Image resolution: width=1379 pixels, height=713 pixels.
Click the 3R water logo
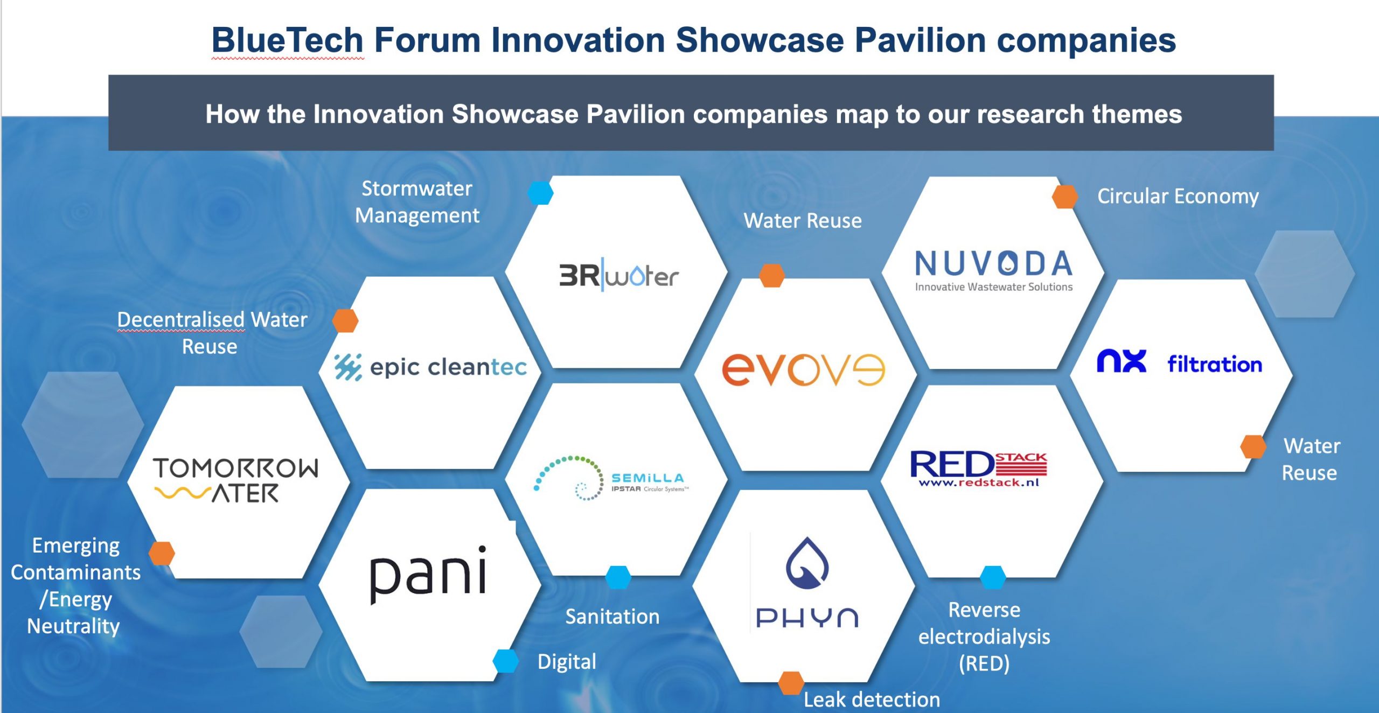click(x=618, y=276)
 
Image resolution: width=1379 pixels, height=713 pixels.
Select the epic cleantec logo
click(x=430, y=367)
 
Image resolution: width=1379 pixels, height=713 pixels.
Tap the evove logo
click(x=803, y=370)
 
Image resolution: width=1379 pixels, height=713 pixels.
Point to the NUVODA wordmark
click(x=994, y=263)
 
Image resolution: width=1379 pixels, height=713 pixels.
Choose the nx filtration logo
click(x=1179, y=362)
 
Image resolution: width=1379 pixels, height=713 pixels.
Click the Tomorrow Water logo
click(x=236, y=480)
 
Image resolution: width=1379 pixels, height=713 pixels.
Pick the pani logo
click(x=428, y=574)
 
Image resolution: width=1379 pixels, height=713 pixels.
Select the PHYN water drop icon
click(x=807, y=563)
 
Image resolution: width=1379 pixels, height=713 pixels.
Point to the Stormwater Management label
click(x=417, y=202)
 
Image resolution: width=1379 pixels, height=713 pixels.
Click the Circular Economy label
click(x=1178, y=196)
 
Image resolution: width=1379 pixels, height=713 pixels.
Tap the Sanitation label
click(x=612, y=616)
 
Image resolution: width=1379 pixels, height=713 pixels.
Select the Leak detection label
click(x=872, y=699)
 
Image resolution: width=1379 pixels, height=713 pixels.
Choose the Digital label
click(x=567, y=661)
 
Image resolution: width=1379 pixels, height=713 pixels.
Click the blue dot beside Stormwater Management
click(x=540, y=193)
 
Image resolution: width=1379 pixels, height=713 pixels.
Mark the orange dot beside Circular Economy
click(x=1065, y=197)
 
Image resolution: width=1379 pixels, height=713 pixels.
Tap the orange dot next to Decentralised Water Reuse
click(x=345, y=320)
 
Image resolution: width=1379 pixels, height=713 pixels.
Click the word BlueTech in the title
click(x=288, y=40)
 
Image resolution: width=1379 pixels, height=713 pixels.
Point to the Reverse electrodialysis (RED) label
click(x=984, y=637)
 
